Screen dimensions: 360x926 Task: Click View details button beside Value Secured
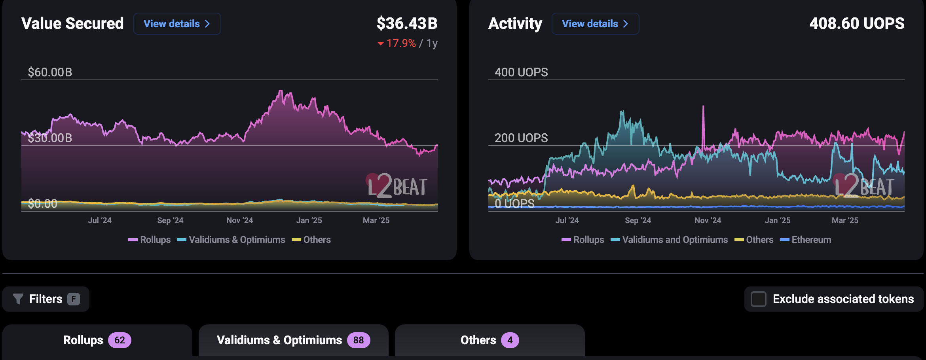pos(177,24)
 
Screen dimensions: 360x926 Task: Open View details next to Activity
pos(595,24)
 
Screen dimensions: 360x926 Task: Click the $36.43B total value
pos(407,24)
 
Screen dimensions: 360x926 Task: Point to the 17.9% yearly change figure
pos(401,43)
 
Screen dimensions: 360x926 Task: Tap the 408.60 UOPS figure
pos(857,24)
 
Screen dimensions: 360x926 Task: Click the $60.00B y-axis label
pos(50,72)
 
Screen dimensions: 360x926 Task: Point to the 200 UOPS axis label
pos(521,138)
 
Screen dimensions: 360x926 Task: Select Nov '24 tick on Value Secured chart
pos(239,220)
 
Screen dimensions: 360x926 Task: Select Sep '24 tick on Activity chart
pos(638,220)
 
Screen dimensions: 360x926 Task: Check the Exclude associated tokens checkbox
pos(759,299)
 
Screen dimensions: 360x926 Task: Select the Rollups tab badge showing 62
pos(120,340)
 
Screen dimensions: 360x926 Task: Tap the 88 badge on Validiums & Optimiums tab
pos(358,340)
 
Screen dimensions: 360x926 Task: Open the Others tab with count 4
pos(490,340)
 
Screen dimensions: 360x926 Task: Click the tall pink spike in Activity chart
pos(703,119)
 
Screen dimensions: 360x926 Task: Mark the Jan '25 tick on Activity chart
pos(778,220)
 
